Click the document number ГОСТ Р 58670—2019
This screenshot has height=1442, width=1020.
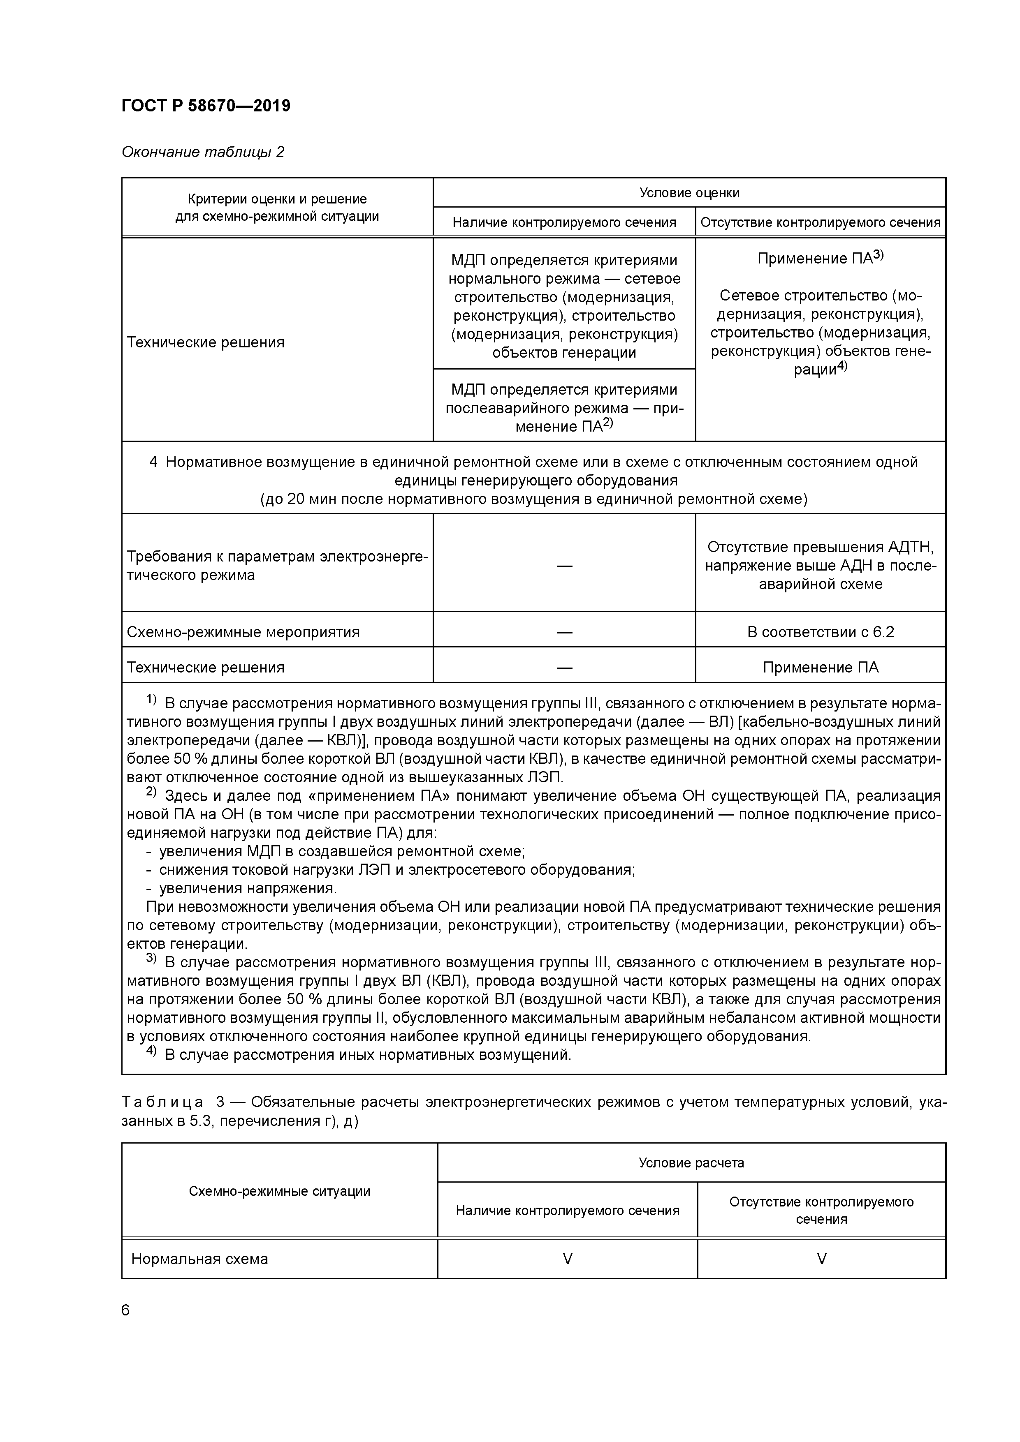tap(206, 106)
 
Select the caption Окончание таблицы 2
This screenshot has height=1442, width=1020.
tap(202, 152)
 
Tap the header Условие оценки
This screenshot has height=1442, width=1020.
tap(689, 193)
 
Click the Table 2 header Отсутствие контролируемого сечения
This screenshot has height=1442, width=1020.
tap(820, 222)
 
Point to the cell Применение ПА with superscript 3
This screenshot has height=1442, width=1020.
tap(820, 258)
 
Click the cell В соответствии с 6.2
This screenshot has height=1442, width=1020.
tap(820, 632)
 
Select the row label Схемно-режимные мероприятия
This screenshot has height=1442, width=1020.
tap(243, 632)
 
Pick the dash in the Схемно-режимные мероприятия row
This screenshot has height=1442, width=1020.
tap(564, 632)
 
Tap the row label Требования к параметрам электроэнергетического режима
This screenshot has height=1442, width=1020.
tap(276, 565)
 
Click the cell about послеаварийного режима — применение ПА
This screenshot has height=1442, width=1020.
tap(564, 408)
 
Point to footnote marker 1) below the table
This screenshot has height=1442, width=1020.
tap(151, 700)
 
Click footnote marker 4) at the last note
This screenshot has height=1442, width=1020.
tap(151, 1052)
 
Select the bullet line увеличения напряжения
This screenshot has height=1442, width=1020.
tap(248, 889)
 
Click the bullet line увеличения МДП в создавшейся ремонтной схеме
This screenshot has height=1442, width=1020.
tap(341, 852)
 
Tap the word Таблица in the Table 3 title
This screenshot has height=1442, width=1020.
tap(162, 1102)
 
